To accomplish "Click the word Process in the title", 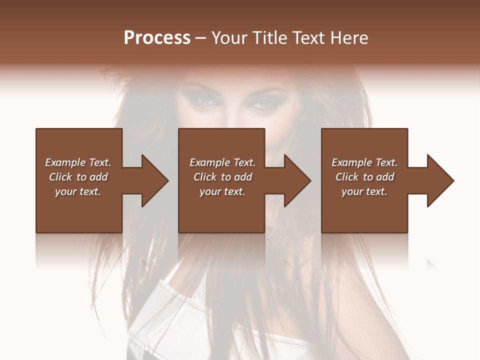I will [x=157, y=38].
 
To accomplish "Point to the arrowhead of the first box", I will [x=152, y=180].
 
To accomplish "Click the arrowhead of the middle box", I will [x=295, y=180].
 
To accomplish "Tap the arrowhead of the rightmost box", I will [x=438, y=180].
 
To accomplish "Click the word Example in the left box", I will [x=65, y=162].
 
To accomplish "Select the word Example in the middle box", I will [x=209, y=162].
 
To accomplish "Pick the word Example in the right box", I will [x=351, y=162].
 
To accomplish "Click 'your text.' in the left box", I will [x=78, y=191].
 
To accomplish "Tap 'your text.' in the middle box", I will [x=222, y=191].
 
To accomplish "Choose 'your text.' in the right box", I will [x=364, y=191].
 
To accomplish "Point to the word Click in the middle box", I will [x=205, y=177].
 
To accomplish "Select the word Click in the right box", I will [x=347, y=177].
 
